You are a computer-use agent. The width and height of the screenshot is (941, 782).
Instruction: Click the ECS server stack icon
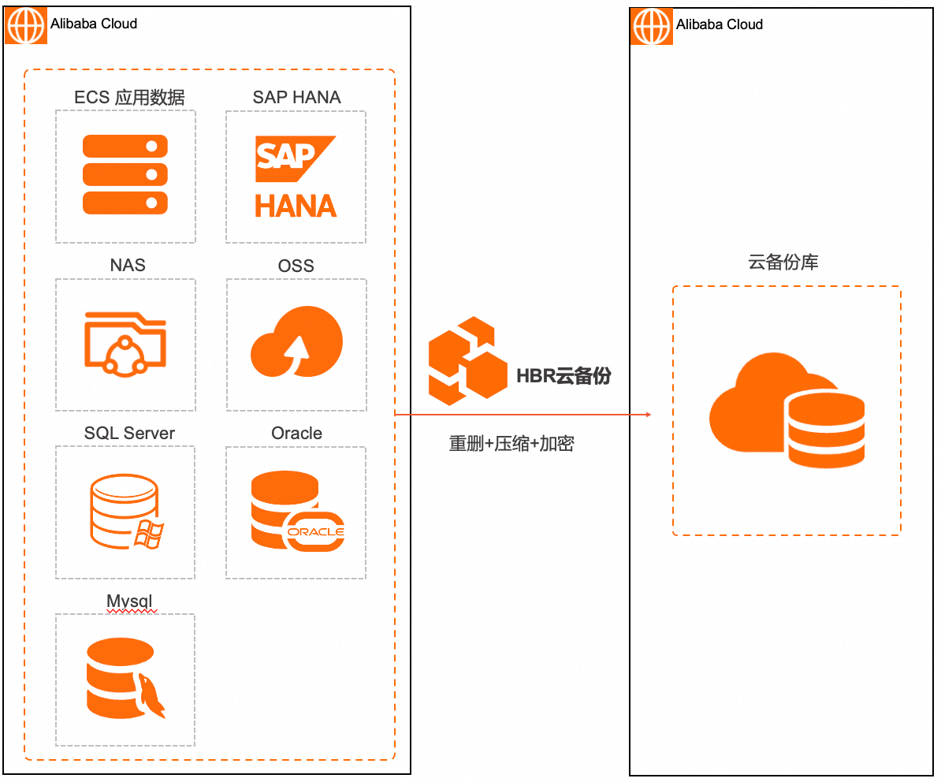(125, 174)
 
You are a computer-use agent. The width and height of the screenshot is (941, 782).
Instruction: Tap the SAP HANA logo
(296, 177)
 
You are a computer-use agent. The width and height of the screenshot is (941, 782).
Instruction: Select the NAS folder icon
(125, 342)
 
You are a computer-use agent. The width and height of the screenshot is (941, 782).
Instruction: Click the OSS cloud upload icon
(296, 342)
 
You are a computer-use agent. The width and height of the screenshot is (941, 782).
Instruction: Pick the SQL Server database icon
(125, 511)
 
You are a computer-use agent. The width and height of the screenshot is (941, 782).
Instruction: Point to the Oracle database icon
(297, 511)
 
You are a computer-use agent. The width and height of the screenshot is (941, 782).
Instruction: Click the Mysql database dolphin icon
(125, 679)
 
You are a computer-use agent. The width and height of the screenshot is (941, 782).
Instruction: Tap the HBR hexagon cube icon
(467, 360)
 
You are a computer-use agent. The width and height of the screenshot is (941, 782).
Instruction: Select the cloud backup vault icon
(787, 410)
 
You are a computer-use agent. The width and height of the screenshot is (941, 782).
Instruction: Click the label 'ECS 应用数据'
(129, 97)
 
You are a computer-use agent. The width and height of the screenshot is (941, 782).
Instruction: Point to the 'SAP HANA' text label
(296, 97)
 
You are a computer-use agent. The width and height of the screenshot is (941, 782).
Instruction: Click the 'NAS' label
(128, 265)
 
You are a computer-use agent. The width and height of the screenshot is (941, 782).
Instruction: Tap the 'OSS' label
(296, 266)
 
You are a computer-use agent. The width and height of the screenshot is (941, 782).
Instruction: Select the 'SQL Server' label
(129, 433)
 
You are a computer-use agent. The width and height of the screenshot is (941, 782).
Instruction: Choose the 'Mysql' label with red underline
(129, 601)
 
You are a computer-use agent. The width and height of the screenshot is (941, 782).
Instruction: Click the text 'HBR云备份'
(563, 376)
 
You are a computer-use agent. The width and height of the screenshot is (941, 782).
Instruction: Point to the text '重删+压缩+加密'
(511, 444)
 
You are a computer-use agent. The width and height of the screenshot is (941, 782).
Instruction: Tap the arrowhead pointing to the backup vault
(647, 415)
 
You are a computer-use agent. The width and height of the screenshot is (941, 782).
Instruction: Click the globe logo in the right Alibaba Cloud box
(653, 27)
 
